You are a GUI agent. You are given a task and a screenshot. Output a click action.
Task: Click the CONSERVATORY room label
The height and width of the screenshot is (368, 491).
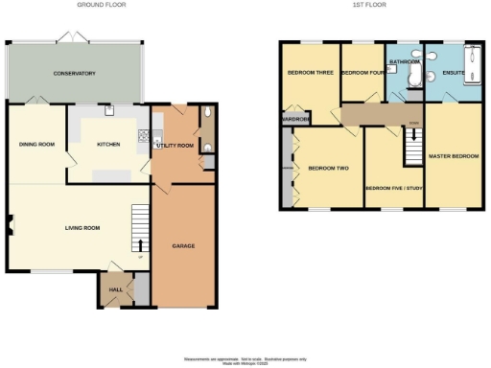(x=74, y=74)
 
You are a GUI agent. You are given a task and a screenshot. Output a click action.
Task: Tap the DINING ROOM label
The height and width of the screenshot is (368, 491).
(x=35, y=145)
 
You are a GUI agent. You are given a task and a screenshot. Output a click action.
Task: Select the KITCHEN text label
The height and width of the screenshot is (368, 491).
(x=108, y=145)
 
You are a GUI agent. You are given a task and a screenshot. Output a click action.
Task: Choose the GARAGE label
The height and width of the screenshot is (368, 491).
(x=183, y=246)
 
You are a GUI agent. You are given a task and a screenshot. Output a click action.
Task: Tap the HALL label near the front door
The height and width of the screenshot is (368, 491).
(x=116, y=288)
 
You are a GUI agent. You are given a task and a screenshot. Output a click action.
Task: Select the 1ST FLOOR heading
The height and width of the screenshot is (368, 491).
(x=369, y=5)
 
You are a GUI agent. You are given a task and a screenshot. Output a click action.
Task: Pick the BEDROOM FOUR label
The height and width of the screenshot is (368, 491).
(x=361, y=72)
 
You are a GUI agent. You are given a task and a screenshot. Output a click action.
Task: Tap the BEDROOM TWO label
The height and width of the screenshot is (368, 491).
(x=327, y=169)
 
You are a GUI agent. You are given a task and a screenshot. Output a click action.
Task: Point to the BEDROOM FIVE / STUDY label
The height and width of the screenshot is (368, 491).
(x=393, y=188)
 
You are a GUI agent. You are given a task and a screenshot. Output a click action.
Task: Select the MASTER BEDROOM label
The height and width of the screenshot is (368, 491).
(x=454, y=156)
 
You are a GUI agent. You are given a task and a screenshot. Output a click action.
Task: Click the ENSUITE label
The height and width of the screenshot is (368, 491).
(x=452, y=72)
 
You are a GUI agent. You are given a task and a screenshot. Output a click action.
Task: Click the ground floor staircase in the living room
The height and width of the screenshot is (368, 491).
(x=140, y=230)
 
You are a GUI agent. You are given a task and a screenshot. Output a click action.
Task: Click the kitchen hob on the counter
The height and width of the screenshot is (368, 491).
(x=144, y=137)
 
